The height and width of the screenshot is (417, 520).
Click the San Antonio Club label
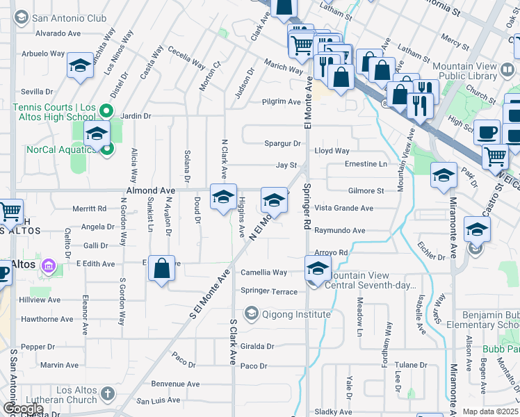tap(69, 18)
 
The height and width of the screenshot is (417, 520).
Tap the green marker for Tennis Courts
tap(106, 111)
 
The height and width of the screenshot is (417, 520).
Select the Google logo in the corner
tap(22, 409)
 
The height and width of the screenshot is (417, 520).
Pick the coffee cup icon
tap(487, 131)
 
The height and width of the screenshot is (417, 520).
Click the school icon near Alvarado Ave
tap(81, 67)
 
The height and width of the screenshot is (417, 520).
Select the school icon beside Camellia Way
tap(318, 268)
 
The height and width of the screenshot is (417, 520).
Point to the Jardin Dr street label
tap(136, 116)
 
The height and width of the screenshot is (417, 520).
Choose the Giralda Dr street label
tap(258, 346)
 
